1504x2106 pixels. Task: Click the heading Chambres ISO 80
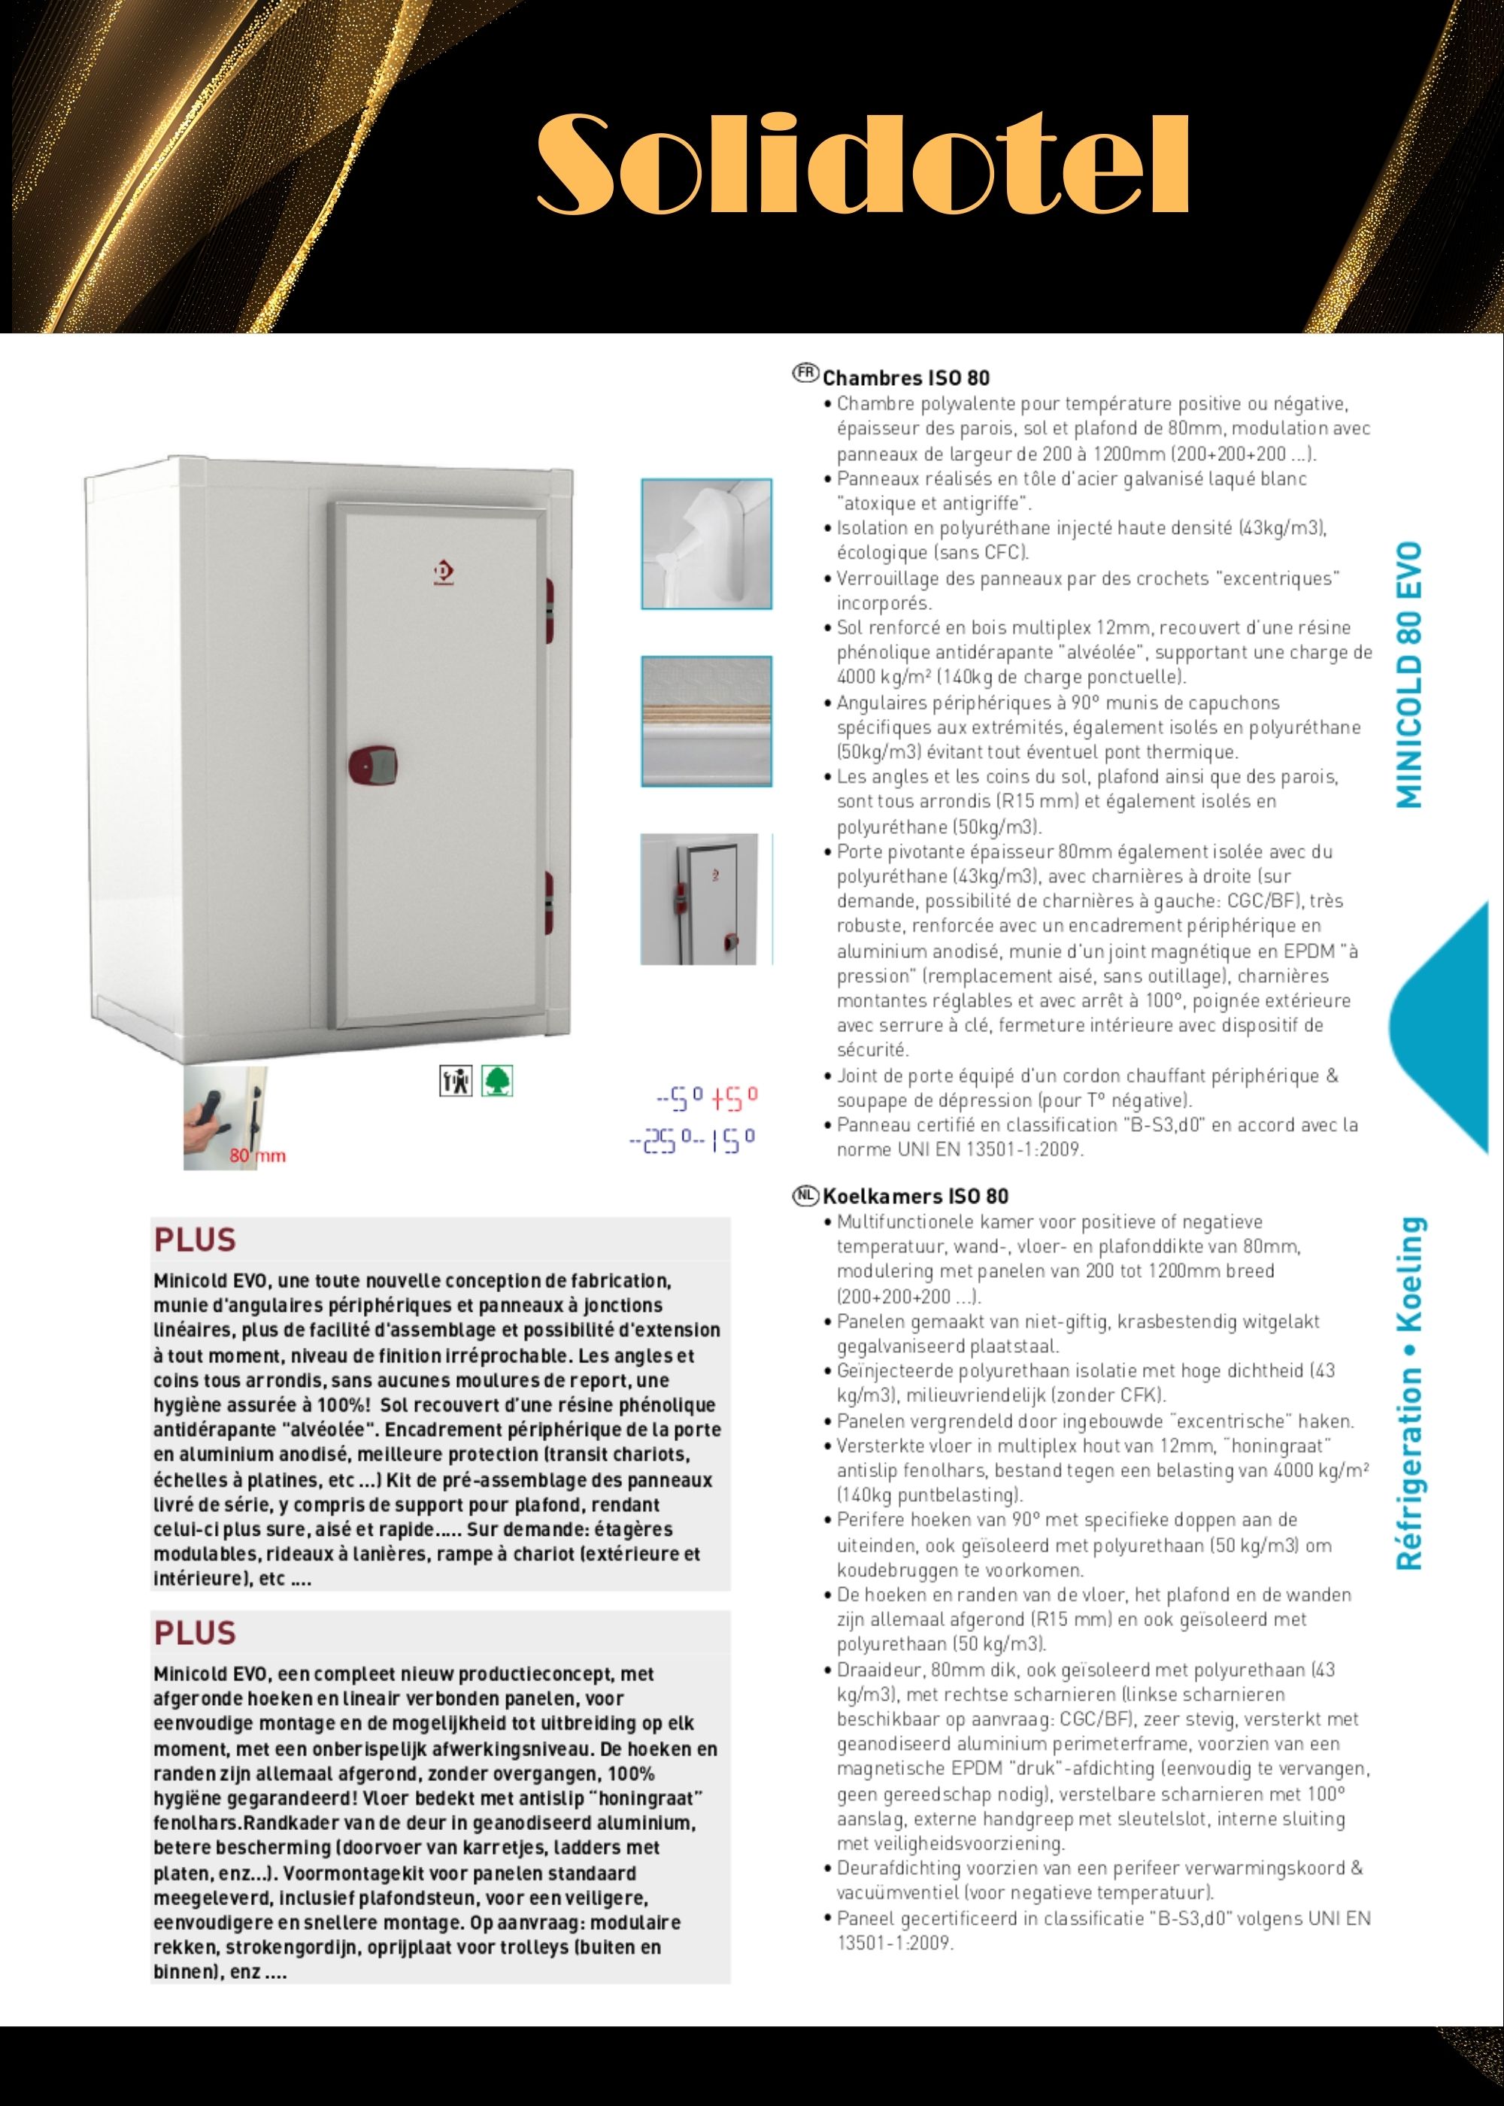(905, 378)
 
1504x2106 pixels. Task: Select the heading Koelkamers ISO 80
(915, 1196)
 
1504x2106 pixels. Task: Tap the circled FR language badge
(805, 373)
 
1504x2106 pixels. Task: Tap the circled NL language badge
(805, 1194)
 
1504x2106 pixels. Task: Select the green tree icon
(497, 1080)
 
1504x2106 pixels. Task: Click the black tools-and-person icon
(456, 1080)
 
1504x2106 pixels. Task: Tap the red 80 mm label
(257, 1156)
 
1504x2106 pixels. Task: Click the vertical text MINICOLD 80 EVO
(1408, 675)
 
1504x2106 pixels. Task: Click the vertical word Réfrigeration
(1408, 1472)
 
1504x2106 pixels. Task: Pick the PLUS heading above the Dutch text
(196, 1633)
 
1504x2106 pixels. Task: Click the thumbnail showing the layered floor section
(705, 721)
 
